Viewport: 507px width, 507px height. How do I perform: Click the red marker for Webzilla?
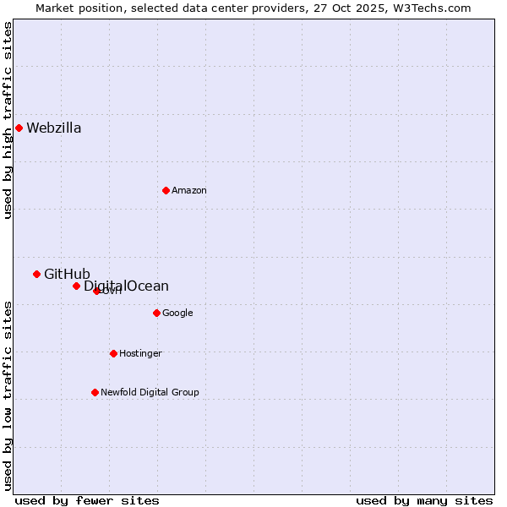tap(19, 128)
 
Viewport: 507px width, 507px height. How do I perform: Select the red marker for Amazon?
tap(166, 190)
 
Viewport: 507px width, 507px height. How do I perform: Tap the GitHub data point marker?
tap(36, 274)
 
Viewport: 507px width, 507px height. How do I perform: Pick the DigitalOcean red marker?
tap(76, 286)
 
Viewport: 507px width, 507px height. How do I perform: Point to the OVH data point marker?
tap(96, 291)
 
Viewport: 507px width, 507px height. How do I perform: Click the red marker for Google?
tap(156, 313)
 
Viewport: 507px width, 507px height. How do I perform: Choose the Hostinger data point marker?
tap(113, 353)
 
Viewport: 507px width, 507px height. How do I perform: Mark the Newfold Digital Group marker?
tap(95, 392)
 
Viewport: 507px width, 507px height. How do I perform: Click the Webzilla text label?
tap(54, 128)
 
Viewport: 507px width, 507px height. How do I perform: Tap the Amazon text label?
tap(189, 191)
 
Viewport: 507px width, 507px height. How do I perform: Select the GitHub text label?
tap(67, 274)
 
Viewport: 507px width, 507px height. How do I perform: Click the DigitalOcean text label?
tap(127, 286)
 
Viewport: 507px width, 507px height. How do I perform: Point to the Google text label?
tap(177, 313)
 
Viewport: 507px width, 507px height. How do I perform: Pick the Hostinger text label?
tap(140, 354)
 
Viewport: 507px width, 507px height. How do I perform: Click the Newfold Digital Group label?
tap(150, 393)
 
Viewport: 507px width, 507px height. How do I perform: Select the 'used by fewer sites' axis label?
tap(87, 500)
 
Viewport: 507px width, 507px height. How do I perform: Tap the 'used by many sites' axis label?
tap(424, 500)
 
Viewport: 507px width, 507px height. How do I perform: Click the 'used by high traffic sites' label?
tap(8, 120)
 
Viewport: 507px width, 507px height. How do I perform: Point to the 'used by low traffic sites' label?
tap(8, 395)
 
